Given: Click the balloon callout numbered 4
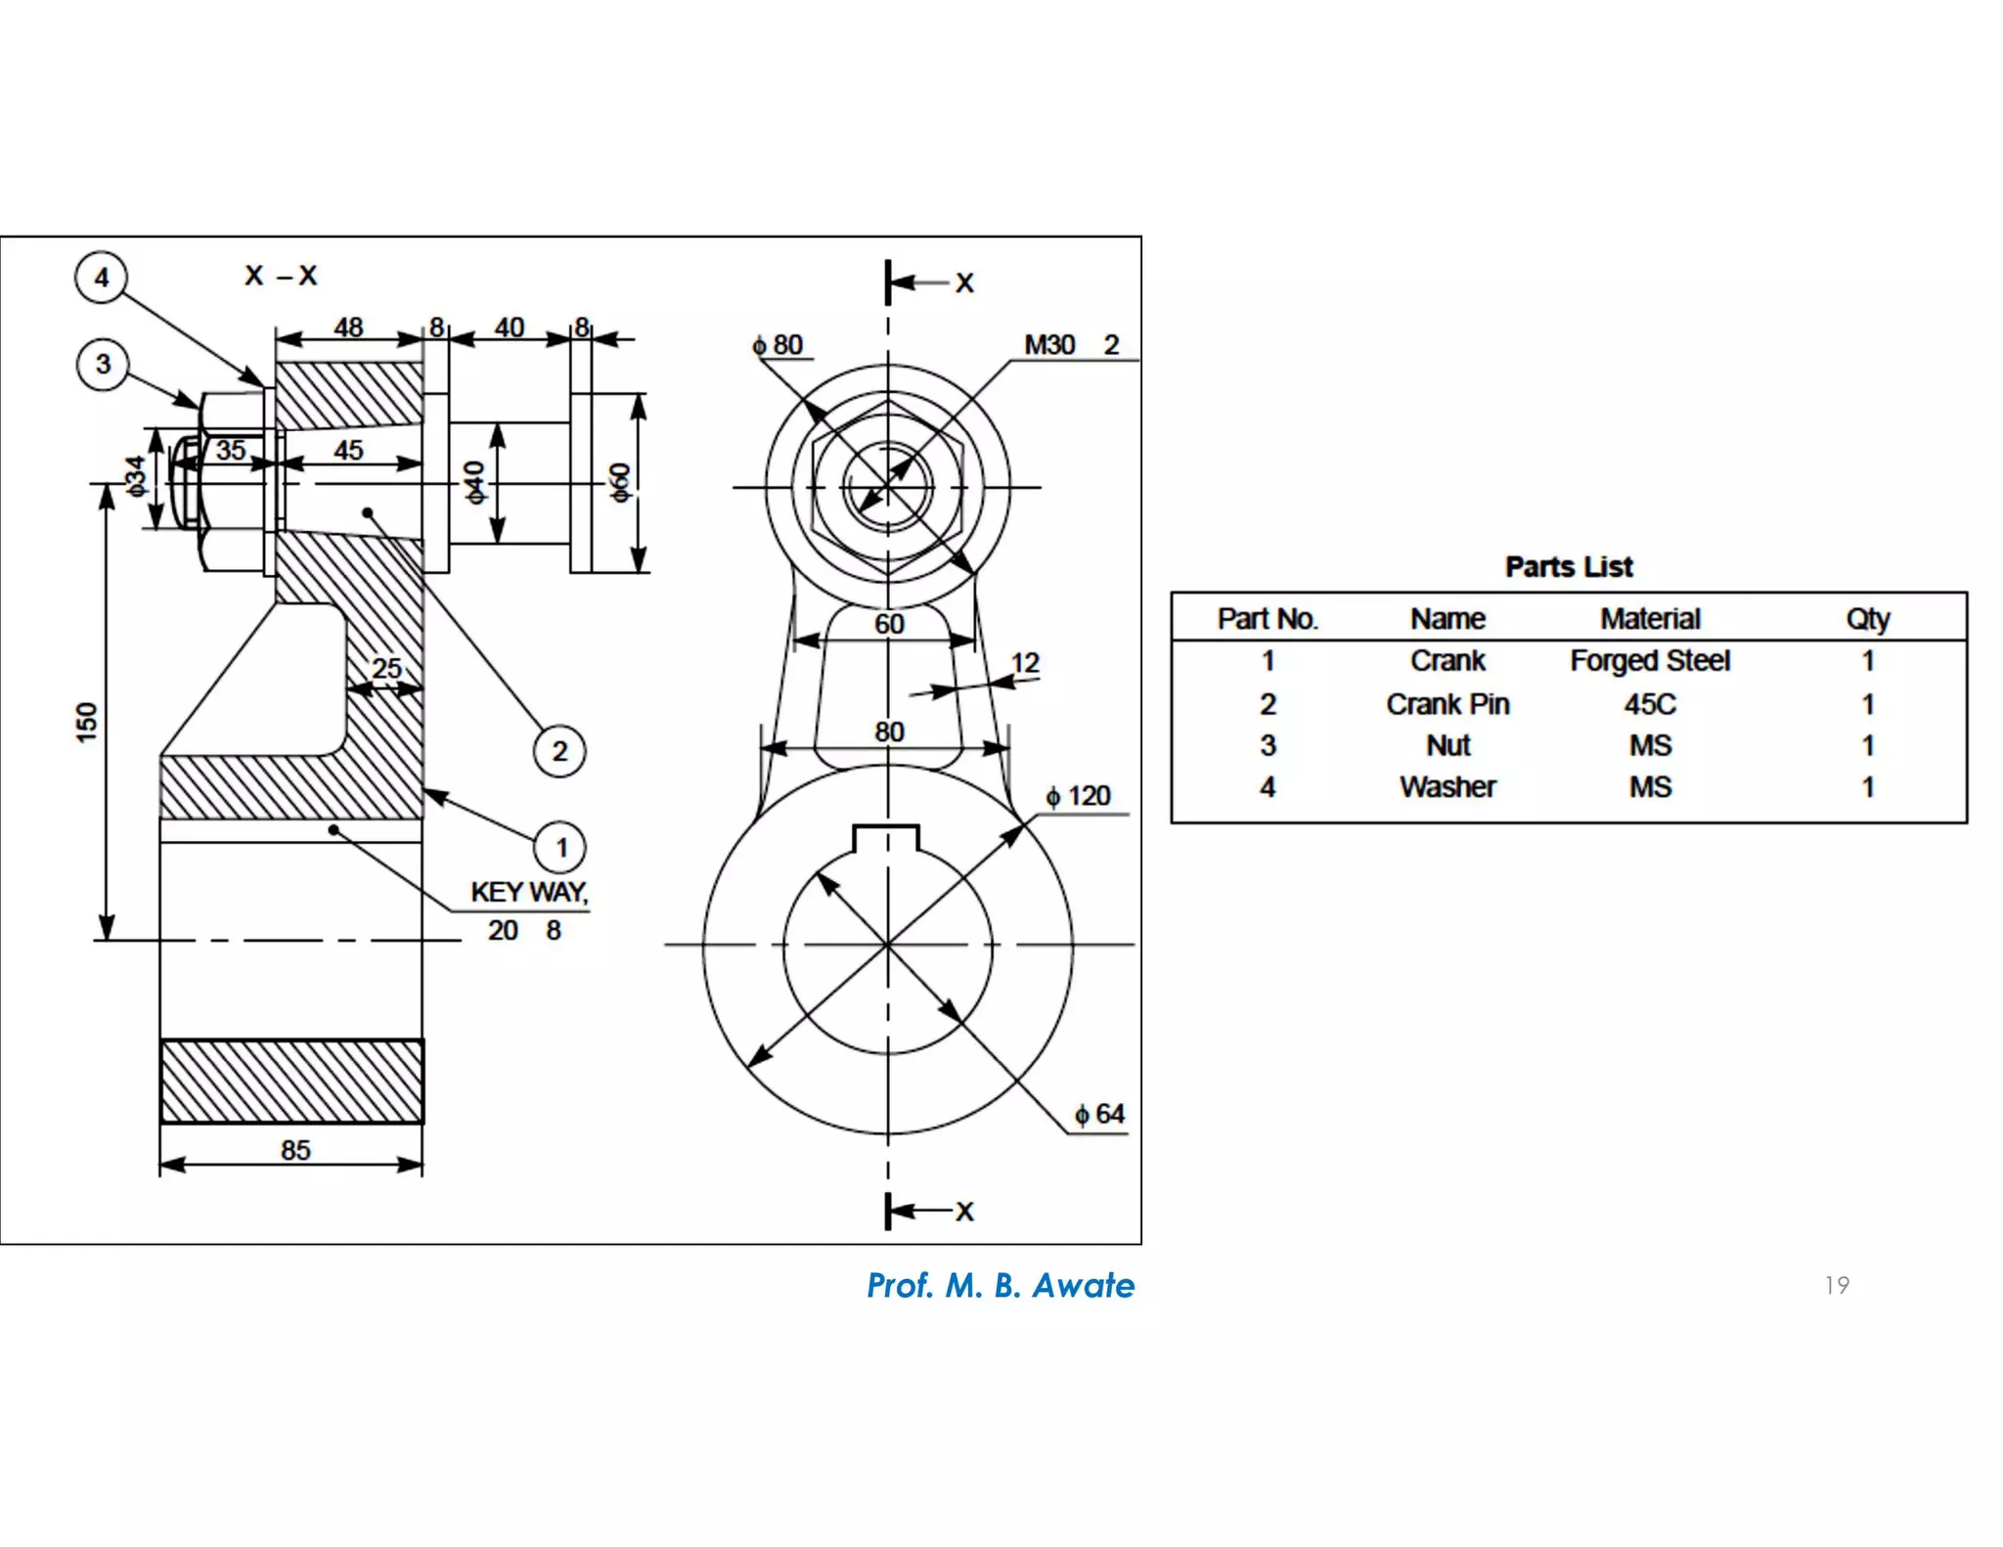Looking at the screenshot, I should click(101, 278).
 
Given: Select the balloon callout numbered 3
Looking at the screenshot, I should click(103, 365).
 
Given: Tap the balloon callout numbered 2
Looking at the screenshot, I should click(559, 751).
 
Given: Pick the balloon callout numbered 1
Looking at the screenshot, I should click(560, 847).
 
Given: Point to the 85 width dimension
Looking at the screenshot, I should click(295, 1150).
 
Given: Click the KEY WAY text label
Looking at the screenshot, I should click(529, 892).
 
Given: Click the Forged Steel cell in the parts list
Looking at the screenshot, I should click(1650, 661).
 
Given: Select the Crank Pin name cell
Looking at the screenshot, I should click(1447, 704).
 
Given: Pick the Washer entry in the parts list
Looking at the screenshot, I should click(1447, 787).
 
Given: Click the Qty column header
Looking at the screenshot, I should click(1867, 619).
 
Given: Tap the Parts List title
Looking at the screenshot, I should click(1569, 566).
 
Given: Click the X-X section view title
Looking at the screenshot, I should click(281, 276).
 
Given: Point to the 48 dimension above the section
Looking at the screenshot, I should click(348, 327).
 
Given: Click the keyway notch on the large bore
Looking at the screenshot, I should click(886, 838).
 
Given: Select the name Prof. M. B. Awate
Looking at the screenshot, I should click(1001, 1285).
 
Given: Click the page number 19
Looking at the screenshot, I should click(1837, 1285).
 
